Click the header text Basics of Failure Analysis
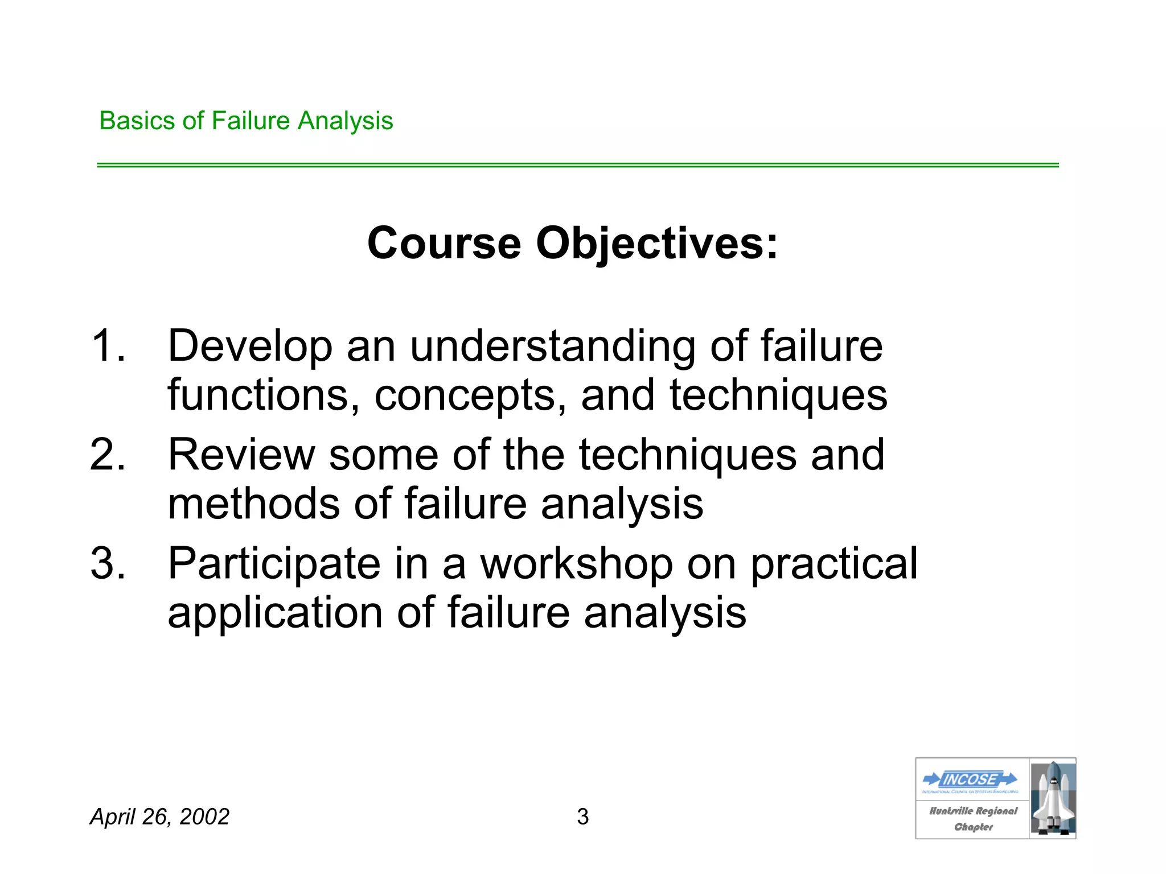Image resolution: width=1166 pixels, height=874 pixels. click(x=246, y=121)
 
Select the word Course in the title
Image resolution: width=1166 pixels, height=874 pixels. click(x=444, y=244)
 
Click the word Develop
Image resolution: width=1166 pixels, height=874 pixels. click(x=249, y=347)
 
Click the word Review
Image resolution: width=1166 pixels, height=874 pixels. click(x=241, y=455)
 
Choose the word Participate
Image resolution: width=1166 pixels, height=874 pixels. click(x=274, y=564)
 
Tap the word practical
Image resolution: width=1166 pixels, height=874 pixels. click(x=834, y=564)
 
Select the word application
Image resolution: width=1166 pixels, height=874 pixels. click(x=275, y=613)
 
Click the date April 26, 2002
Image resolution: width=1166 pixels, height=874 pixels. click(x=159, y=817)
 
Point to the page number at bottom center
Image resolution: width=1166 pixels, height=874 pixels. click(x=582, y=817)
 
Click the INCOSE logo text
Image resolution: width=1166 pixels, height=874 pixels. click(x=971, y=779)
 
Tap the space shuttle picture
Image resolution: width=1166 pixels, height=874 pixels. click(x=1053, y=798)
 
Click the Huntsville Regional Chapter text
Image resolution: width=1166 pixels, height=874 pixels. click(x=973, y=819)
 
